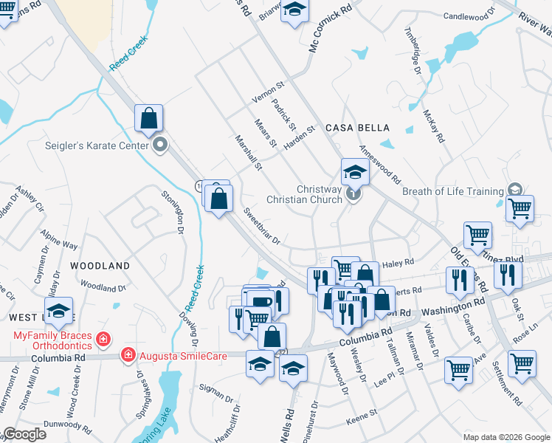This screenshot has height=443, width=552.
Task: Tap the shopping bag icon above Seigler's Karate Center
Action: (148, 118)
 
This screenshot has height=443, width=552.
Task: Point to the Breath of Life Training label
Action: (452, 191)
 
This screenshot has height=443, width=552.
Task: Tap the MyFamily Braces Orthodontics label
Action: (52, 340)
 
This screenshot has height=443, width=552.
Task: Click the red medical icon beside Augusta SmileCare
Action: (128, 355)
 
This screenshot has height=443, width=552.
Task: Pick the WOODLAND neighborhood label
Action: (100, 265)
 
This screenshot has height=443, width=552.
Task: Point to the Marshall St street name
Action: (248, 152)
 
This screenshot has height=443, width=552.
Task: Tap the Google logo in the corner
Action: (24, 434)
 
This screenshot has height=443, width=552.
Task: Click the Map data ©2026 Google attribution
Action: (505, 437)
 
